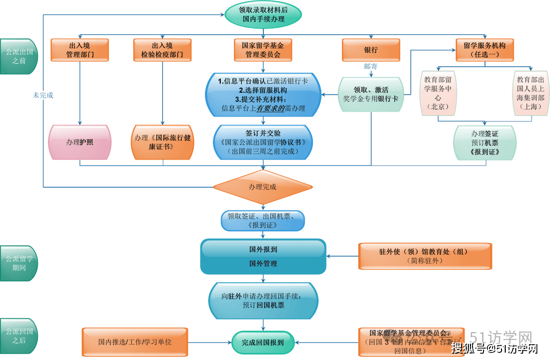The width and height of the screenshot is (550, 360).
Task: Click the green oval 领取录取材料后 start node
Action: coord(263,14)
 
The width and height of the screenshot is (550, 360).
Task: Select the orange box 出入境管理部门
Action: coord(80,50)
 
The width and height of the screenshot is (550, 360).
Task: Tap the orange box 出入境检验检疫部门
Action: coord(162,50)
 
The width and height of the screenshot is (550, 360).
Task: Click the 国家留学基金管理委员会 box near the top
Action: coord(263,50)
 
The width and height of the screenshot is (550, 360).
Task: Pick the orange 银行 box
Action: coord(371,50)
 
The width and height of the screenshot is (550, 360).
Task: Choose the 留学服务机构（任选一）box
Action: coord(485,50)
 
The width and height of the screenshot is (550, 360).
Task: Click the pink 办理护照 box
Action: coord(80,142)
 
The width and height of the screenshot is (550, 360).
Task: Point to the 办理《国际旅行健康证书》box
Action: coord(162,142)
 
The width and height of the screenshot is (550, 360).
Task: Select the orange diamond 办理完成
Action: coord(263,187)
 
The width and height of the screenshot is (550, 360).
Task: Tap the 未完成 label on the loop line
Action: coord(43,95)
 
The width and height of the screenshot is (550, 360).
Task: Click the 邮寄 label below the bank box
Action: coord(371,66)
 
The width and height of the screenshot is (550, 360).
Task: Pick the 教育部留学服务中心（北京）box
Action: coord(438,93)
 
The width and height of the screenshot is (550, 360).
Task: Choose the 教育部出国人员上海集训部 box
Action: coord(531,93)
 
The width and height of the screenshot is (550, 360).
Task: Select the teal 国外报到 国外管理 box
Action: coord(263,256)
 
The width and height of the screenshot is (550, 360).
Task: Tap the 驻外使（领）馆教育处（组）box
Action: coord(424,256)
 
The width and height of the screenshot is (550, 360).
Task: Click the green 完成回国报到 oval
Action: coord(263,343)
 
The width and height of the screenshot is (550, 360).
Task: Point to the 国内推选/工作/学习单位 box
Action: coord(135,342)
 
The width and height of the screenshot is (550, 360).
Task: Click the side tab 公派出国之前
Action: coord(19,56)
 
